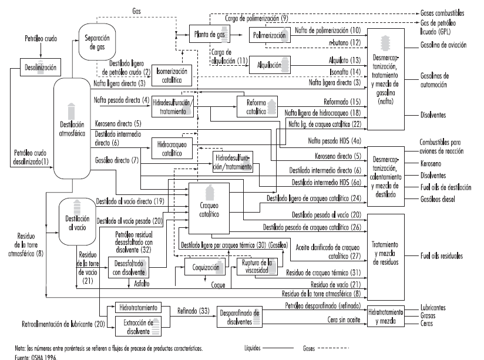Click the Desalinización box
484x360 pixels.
(x=41, y=67)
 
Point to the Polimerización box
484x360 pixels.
(x=271, y=36)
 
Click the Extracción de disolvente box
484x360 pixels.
(x=131, y=325)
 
